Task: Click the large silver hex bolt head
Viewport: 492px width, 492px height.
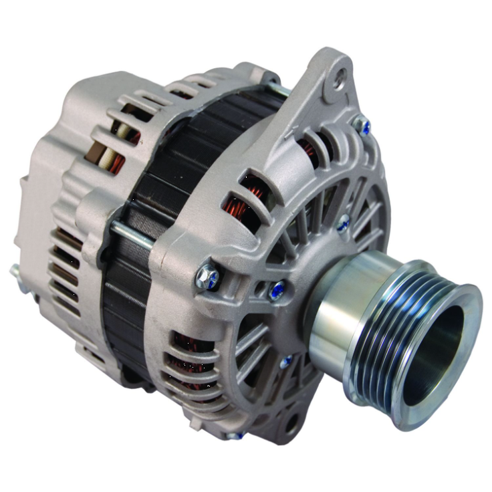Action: pyautogui.click(x=207, y=277)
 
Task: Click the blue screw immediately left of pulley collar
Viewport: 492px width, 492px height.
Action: pyautogui.click(x=275, y=289)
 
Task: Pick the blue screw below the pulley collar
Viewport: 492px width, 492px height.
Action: pyautogui.click(x=286, y=362)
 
